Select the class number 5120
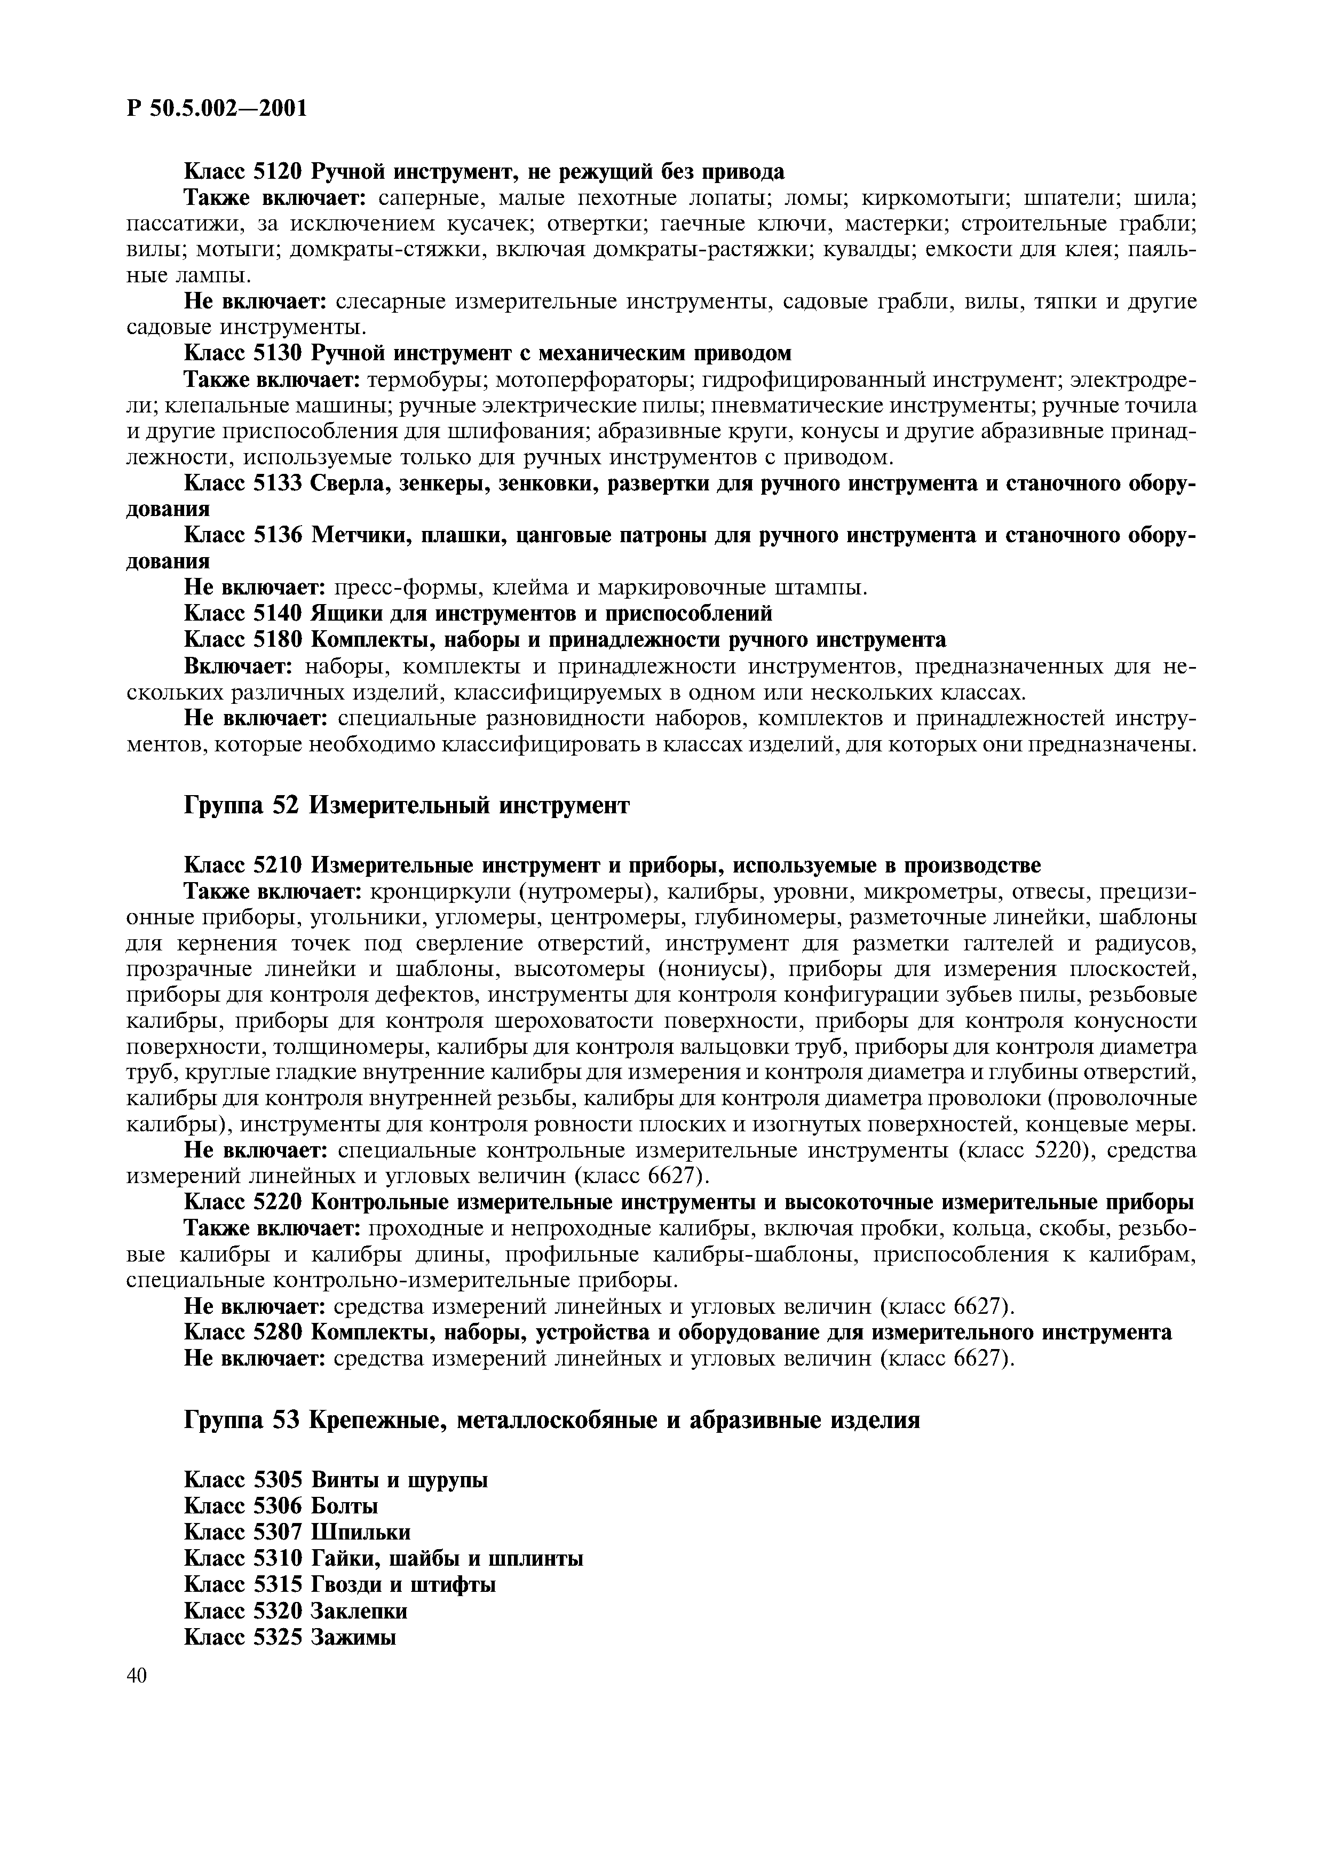click(279, 172)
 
